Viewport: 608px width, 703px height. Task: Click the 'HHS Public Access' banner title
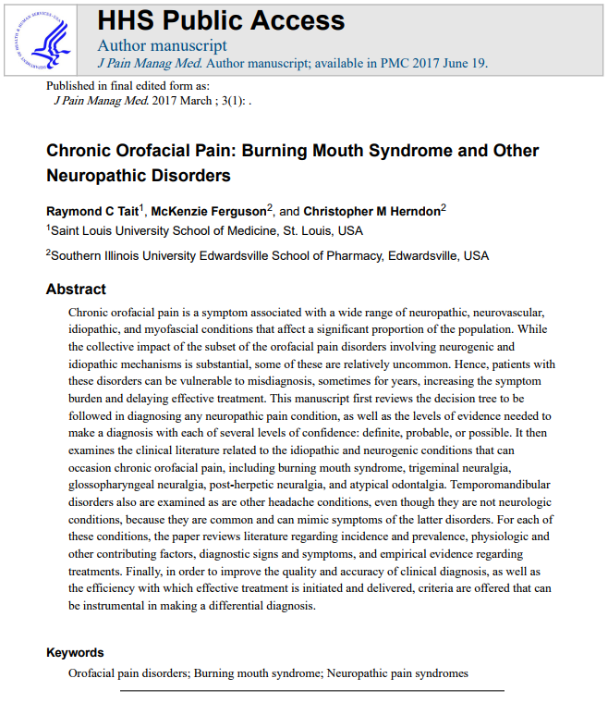pyautogui.click(x=221, y=21)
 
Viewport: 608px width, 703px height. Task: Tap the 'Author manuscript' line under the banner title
pyautogui.click(x=162, y=45)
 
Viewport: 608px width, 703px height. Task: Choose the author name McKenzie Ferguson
pyautogui.click(x=211, y=211)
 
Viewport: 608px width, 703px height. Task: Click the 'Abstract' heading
pyautogui.click(x=76, y=290)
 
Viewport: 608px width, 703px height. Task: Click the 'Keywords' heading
pyautogui.click(x=75, y=653)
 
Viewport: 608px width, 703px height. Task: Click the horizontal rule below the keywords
pyautogui.click(x=311, y=690)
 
